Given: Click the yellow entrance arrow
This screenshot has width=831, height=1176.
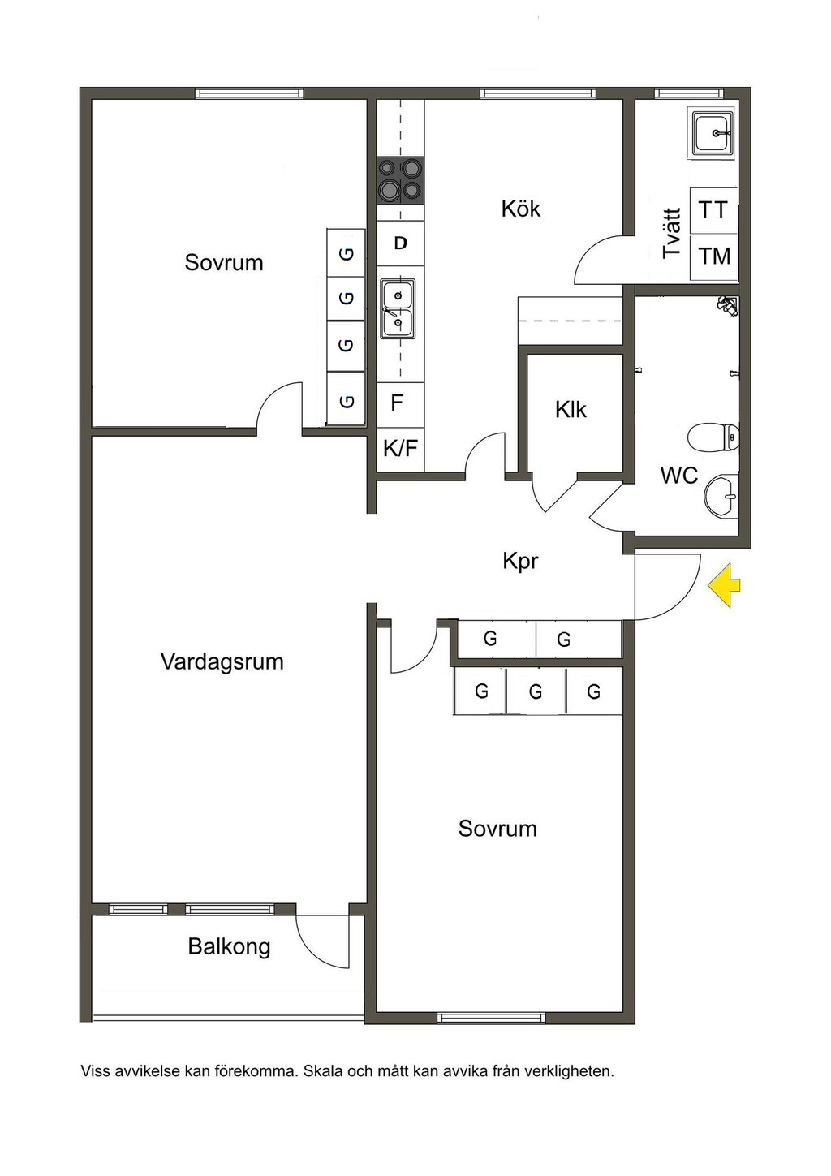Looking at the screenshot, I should [724, 585].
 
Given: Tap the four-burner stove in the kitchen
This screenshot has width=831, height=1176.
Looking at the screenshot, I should [401, 179].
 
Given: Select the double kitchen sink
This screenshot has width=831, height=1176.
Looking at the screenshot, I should [398, 308].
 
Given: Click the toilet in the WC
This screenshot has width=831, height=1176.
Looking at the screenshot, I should [713, 437].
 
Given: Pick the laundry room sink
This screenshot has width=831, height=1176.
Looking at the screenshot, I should [713, 133].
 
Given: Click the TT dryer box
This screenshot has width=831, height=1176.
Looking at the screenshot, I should [713, 210].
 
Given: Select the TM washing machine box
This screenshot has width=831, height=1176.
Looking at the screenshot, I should [714, 256].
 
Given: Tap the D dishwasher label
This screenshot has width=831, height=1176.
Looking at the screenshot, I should [400, 243].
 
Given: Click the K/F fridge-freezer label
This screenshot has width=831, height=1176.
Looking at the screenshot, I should [401, 448].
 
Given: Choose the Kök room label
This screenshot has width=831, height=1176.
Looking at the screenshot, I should [520, 209].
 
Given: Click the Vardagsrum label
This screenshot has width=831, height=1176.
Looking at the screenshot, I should [222, 661].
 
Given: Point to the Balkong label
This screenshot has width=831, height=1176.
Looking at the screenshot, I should [229, 946].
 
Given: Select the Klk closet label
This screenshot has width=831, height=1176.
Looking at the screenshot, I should [571, 410].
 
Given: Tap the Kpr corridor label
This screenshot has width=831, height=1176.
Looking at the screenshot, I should [520, 561].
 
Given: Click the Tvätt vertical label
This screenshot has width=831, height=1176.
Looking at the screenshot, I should [671, 234].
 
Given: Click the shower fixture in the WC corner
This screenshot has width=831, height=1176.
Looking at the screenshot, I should [727, 305].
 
